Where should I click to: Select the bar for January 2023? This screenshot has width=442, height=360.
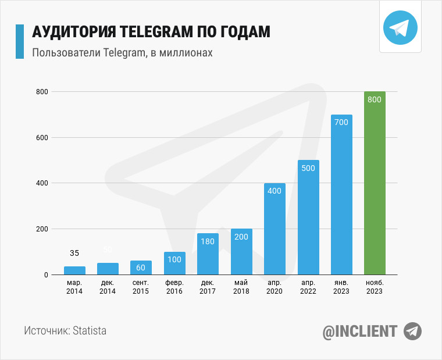coord(341,195)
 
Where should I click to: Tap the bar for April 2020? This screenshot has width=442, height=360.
coord(275,230)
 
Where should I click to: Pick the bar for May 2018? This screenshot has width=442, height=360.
coord(241,252)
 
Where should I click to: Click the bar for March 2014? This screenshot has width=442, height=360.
coord(74,270)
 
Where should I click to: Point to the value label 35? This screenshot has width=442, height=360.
coord(74,253)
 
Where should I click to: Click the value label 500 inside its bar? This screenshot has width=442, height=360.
coord(308,168)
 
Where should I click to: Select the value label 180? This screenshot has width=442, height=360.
coord(208,241)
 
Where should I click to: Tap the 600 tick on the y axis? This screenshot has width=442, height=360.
coord(41,138)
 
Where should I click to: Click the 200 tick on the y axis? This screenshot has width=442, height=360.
coord(41,229)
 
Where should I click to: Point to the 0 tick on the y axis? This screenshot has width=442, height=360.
coord(44,275)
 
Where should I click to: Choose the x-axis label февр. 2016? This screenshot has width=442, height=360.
coord(174,287)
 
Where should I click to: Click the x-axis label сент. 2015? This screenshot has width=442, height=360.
coord(141,287)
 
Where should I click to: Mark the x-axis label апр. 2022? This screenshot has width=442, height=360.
coord(308,287)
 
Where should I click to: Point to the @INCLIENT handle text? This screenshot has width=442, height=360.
coord(360,332)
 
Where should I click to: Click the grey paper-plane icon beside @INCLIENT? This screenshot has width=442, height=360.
coord(412,331)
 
